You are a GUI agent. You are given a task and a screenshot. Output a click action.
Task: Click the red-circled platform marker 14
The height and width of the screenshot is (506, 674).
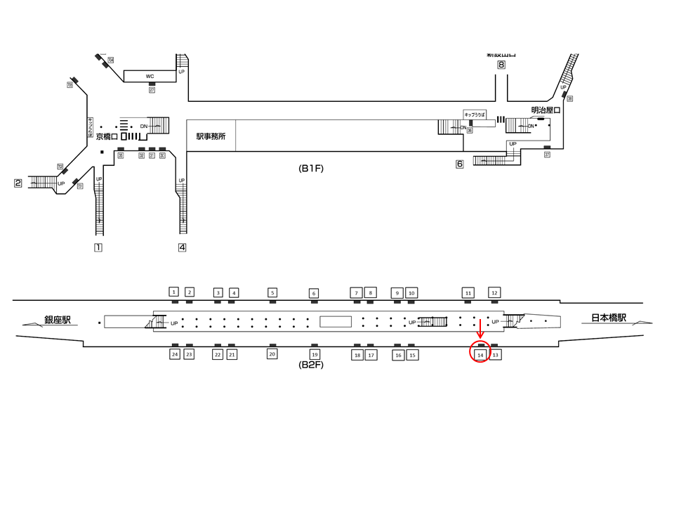click(480, 355)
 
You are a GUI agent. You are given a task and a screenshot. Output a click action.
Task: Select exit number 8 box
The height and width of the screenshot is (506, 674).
click(501, 65)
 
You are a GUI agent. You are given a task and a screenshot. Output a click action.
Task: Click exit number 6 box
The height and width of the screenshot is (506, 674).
click(460, 164)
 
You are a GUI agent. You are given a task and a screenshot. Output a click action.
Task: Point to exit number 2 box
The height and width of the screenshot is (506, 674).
click(18, 184)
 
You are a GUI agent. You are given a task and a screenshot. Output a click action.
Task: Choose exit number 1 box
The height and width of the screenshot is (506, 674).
click(99, 247)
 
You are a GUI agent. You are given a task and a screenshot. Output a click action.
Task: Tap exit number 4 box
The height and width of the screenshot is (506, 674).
click(182, 247)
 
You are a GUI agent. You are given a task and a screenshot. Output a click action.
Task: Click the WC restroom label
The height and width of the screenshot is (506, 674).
click(150, 76)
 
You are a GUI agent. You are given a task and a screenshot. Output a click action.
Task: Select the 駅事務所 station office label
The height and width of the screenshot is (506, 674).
click(211, 136)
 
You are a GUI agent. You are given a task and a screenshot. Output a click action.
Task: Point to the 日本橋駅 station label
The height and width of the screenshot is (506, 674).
click(609, 318)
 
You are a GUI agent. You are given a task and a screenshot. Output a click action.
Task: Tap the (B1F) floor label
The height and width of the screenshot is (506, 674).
click(311, 169)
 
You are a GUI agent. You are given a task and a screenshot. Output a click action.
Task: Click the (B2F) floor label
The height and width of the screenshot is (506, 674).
click(311, 365)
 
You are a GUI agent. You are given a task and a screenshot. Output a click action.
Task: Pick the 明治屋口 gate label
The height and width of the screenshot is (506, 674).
click(546, 110)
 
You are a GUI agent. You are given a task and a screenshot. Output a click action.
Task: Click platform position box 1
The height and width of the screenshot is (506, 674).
click(174, 292)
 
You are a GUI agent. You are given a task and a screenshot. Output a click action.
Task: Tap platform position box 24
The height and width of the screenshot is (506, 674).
click(174, 355)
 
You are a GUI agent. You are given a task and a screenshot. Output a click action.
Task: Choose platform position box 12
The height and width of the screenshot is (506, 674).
click(494, 292)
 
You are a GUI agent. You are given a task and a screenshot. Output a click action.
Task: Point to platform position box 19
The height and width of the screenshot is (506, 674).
click(315, 355)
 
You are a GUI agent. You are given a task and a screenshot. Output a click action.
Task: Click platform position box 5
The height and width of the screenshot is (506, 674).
click(272, 292)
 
